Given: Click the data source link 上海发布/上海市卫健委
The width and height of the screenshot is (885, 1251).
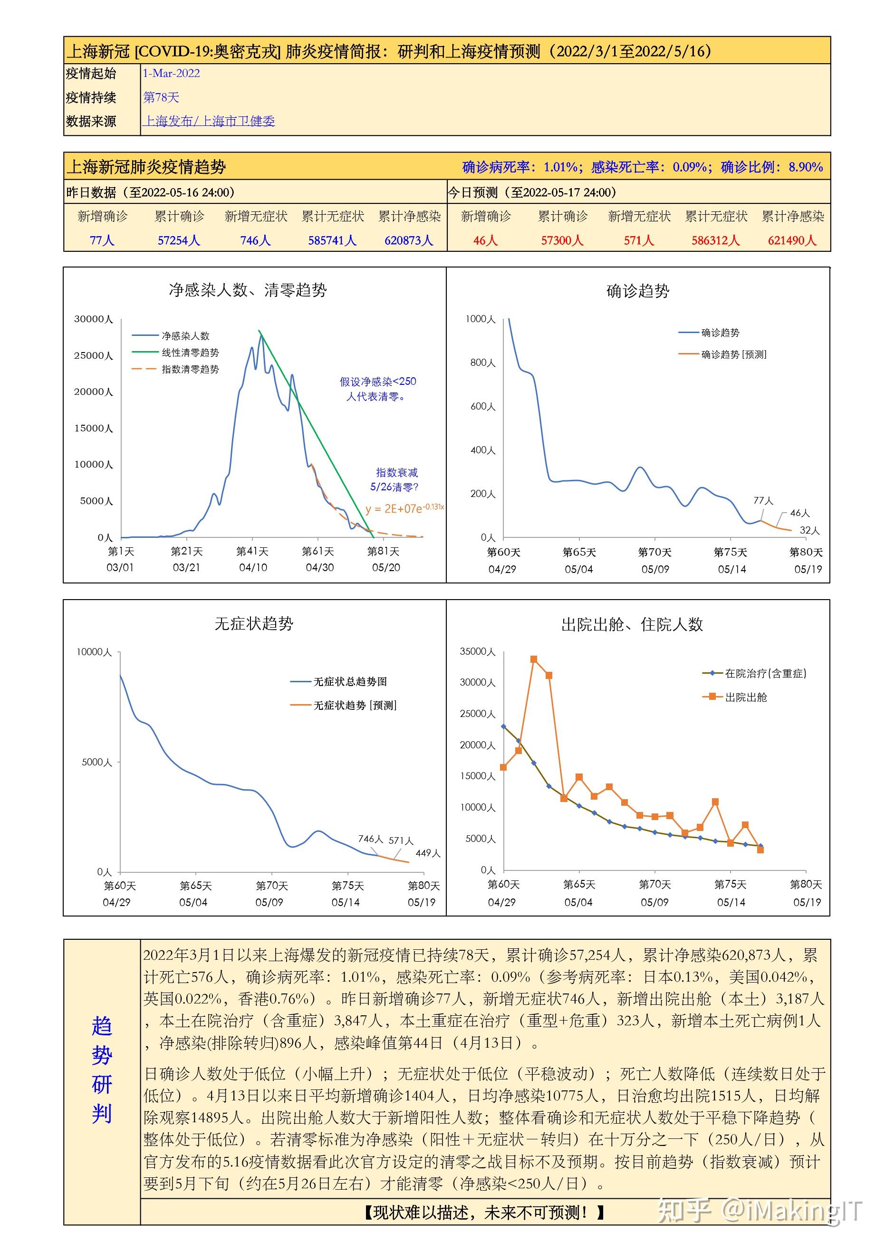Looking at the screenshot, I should [209, 121].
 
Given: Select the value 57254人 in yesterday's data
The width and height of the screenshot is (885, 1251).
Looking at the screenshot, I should [179, 240].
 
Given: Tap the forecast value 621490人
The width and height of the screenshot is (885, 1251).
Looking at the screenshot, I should [792, 240].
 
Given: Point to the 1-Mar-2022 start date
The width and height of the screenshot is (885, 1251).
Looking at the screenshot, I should [171, 74].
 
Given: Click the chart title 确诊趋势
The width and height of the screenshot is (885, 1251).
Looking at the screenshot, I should [637, 291].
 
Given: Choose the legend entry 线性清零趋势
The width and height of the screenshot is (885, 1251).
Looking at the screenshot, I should [190, 353].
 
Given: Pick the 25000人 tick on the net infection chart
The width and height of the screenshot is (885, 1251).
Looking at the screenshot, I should [94, 356].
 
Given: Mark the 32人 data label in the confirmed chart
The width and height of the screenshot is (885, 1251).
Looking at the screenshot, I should [809, 530].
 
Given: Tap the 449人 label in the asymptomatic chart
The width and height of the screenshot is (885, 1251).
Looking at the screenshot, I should [428, 853].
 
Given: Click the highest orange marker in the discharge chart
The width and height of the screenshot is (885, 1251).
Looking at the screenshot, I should [533, 659].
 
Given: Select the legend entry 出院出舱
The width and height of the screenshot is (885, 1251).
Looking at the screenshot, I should [745, 697].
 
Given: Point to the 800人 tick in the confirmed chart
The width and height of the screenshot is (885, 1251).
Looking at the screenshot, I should [483, 363].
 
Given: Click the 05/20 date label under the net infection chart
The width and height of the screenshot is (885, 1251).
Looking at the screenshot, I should [386, 567].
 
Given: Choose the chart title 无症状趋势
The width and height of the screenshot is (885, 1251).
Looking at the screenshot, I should [254, 624].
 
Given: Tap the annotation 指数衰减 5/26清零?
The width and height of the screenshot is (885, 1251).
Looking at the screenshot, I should [395, 479].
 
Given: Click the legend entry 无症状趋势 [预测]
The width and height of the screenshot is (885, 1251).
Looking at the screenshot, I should [354, 706].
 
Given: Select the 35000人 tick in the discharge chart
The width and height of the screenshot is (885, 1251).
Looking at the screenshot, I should [477, 652].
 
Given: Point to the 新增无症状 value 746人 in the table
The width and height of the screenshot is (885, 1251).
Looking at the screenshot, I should [256, 240].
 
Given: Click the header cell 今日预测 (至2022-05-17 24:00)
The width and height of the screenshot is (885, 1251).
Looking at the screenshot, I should [532, 192].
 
